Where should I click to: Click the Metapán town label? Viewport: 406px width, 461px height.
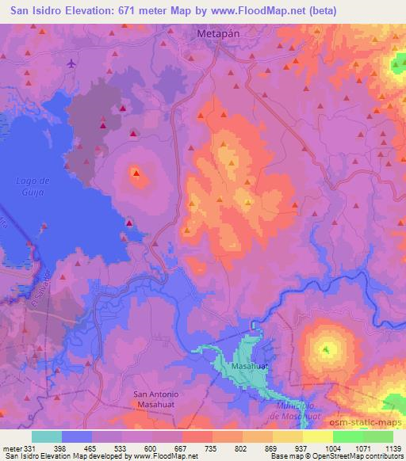(x=218, y=36)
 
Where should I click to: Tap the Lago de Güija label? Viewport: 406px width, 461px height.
(x=33, y=186)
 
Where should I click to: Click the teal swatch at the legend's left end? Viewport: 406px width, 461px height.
(x=47, y=436)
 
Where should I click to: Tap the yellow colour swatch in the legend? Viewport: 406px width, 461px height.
(x=317, y=436)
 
